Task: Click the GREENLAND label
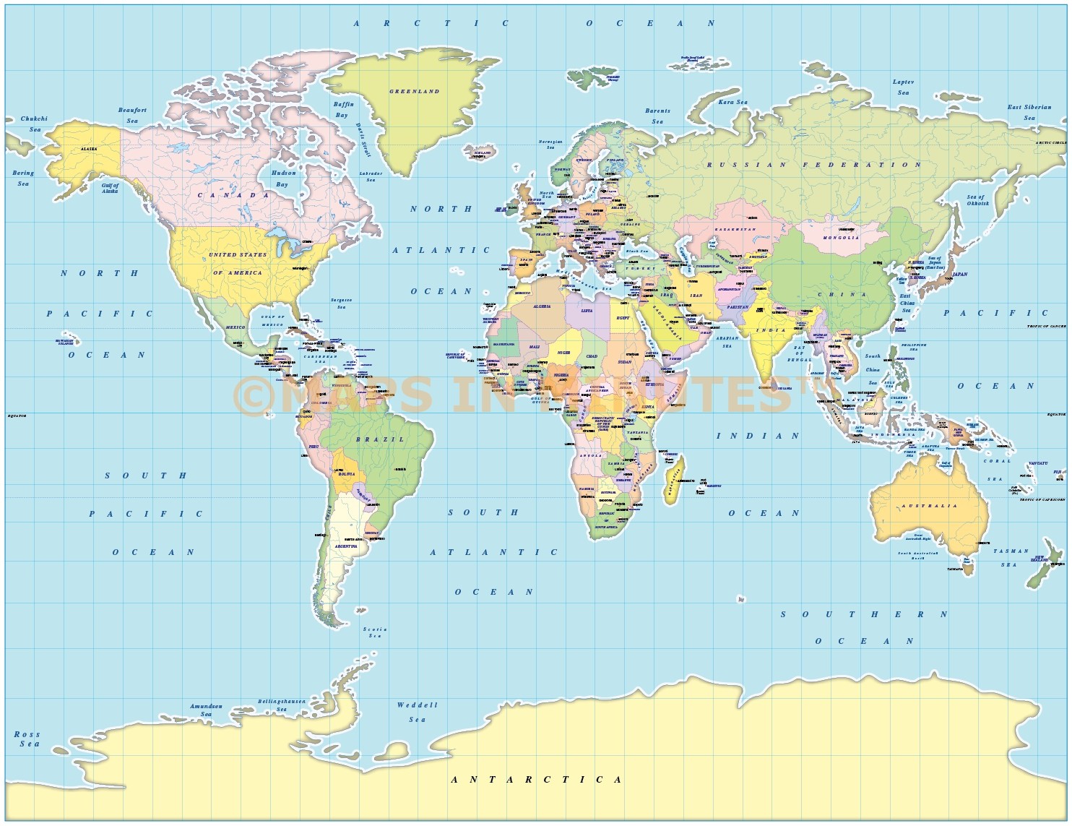(x=415, y=92)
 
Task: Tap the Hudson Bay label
(x=283, y=178)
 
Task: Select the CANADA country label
(x=233, y=195)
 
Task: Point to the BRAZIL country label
(x=380, y=439)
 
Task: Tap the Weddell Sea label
(x=417, y=712)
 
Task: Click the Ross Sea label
(x=27, y=739)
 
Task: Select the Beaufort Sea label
(x=132, y=116)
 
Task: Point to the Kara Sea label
(x=732, y=103)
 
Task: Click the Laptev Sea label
(x=903, y=87)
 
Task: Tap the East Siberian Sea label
(x=1029, y=112)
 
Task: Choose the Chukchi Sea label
(x=34, y=124)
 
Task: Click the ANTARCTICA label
(x=536, y=780)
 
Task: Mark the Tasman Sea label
(x=1010, y=557)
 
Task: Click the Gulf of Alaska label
(x=110, y=188)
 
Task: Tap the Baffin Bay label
(x=343, y=109)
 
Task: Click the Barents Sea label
(x=657, y=116)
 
